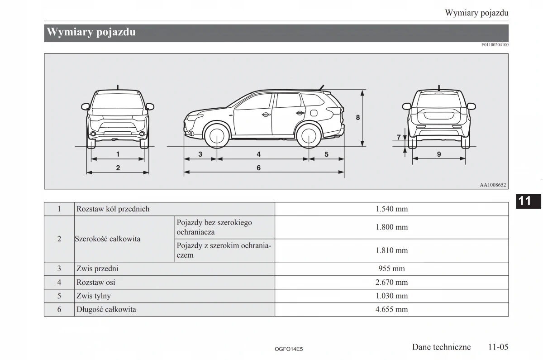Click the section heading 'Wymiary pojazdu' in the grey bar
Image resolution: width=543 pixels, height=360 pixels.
click(x=91, y=33)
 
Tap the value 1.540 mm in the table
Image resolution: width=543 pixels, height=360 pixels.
click(x=391, y=209)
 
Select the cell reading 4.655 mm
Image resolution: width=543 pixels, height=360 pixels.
click(x=391, y=310)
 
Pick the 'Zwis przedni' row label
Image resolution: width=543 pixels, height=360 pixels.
click(x=97, y=269)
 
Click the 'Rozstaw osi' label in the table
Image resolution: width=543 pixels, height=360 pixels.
click(x=96, y=282)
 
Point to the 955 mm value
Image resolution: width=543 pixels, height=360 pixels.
click(x=391, y=269)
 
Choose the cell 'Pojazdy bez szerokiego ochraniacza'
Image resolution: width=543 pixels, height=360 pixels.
click(x=214, y=227)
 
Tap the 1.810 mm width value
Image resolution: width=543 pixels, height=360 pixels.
click(x=391, y=250)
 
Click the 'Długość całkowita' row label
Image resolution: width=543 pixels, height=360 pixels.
click(x=106, y=310)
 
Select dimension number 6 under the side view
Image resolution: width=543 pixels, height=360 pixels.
click(x=258, y=168)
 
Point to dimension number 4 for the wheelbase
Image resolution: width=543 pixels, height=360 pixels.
click(x=258, y=154)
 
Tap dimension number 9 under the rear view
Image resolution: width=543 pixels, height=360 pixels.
click(x=439, y=154)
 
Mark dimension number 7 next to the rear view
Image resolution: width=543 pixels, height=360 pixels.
click(x=399, y=137)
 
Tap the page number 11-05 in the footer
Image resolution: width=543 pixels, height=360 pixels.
click(x=498, y=347)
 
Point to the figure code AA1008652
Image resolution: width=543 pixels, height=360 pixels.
click(x=493, y=185)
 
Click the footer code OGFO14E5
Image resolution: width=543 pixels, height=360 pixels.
click(x=288, y=349)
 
